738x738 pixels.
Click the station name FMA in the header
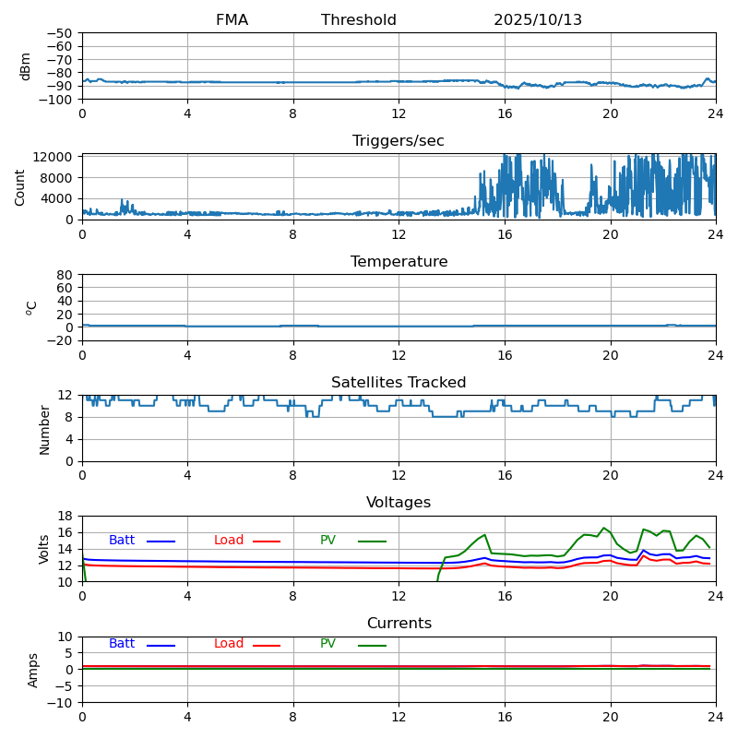tap(232, 20)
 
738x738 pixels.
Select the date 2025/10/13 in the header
tap(538, 20)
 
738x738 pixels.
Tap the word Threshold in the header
tap(359, 20)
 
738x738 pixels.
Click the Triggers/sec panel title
tap(399, 141)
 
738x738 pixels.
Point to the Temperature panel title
tap(399, 262)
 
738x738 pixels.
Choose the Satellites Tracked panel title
tap(399, 383)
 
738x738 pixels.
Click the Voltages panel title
tap(399, 503)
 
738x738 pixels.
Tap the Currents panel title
tap(399, 624)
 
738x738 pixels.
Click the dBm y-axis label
tap(26, 65)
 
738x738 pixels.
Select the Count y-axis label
tap(20, 186)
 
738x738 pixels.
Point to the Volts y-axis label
tap(44, 549)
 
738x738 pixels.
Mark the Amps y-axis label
tap(33, 670)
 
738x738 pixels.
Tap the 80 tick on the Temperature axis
tap(66, 275)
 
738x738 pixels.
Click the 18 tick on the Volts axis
tap(66, 517)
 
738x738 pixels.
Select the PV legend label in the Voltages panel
tap(327, 541)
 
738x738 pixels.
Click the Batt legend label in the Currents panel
tap(122, 644)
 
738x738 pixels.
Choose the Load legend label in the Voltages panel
tap(229, 541)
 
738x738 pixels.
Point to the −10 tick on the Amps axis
tap(62, 703)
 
